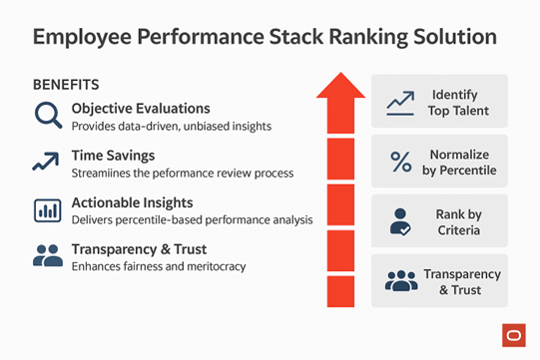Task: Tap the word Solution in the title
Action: [x=446, y=39]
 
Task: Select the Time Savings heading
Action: [x=114, y=156]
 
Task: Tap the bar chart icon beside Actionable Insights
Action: [x=47, y=210]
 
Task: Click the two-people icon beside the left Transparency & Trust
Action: [x=47, y=256]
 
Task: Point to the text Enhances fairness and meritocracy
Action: [x=158, y=266]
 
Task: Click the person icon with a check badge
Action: [x=401, y=220]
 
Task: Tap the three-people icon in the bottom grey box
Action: [x=401, y=281]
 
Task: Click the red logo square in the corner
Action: [x=514, y=335]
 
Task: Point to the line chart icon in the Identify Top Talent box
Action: [x=401, y=101]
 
